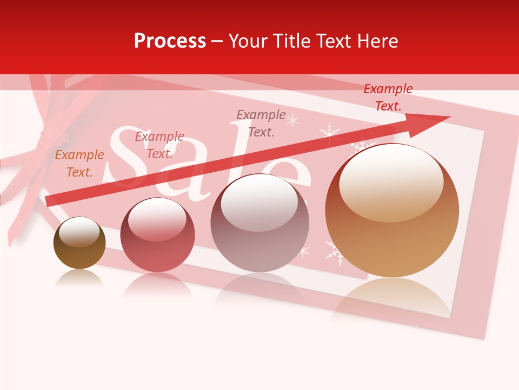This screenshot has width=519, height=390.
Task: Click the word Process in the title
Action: pyautogui.click(x=170, y=41)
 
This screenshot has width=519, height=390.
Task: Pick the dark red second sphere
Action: pyautogui.click(x=157, y=236)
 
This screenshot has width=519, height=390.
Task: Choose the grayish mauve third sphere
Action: pyautogui.click(x=259, y=223)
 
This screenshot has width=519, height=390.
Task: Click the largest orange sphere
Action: pyautogui.click(x=392, y=211)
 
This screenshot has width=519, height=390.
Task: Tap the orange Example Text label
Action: pyautogui.click(x=79, y=164)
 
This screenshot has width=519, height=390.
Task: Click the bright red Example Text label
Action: pyautogui.click(x=388, y=97)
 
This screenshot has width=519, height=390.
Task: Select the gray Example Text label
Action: pyautogui.click(x=261, y=123)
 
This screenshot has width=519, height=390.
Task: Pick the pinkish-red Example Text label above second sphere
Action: pyautogui.click(x=159, y=145)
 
